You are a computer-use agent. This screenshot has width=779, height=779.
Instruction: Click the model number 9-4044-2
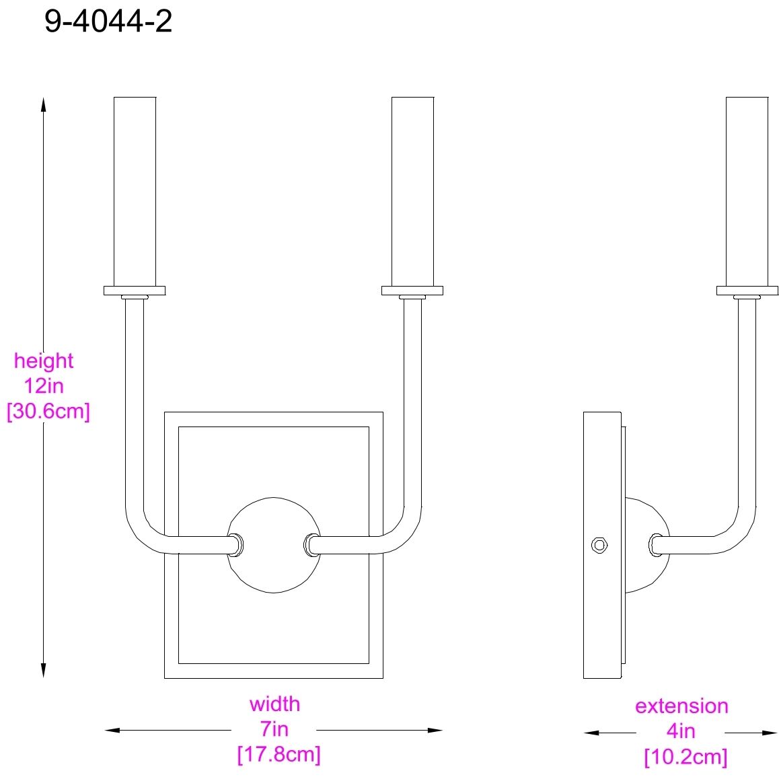[108, 22]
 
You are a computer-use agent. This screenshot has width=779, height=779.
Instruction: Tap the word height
[44, 361]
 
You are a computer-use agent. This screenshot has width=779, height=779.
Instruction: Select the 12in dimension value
[44, 386]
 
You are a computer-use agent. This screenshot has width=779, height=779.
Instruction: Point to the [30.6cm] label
[48, 411]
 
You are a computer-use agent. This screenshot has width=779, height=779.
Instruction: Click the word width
[274, 704]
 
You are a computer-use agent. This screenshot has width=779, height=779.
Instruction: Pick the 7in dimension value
[274, 729]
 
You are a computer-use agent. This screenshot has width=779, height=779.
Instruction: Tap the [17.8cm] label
[279, 755]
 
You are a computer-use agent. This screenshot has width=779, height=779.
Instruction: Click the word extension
[681, 706]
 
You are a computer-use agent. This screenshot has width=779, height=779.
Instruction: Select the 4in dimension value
[681, 731]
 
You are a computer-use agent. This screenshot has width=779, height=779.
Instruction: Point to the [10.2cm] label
[685, 757]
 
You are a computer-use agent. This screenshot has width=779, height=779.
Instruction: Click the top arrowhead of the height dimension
[43, 105]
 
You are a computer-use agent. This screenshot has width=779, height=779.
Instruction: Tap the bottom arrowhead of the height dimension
[43, 670]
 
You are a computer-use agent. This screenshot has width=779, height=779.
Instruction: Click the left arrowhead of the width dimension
[112, 731]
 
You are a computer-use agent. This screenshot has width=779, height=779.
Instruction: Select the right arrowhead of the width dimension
[435, 731]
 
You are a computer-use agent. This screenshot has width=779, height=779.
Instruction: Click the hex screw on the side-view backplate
[599, 545]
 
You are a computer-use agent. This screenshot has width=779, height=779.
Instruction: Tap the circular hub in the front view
[274, 545]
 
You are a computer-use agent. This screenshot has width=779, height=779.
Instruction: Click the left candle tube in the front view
[135, 192]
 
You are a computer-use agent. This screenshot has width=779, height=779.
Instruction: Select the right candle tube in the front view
[412, 192]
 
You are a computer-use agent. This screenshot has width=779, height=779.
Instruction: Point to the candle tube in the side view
[747, 192]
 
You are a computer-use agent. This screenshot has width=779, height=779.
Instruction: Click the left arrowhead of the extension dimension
[592, 733]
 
